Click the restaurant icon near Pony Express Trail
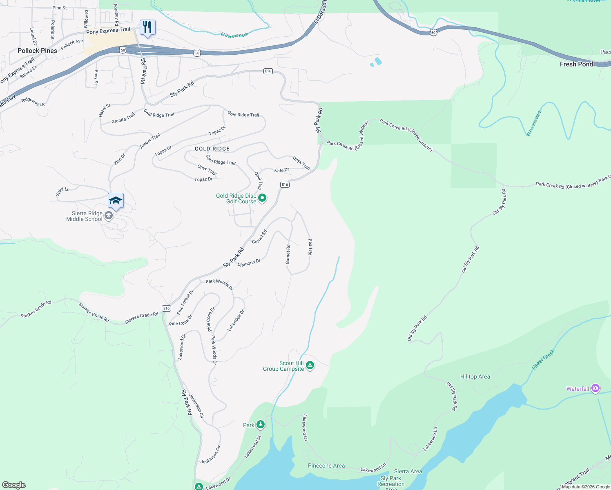(147, 27)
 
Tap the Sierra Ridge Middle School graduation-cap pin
(116, 200)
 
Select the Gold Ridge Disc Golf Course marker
(262, 198)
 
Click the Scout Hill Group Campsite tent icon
(310, 365)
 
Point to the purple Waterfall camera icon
(595, 388)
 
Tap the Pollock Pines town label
(37, 51)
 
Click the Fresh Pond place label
(576, 64)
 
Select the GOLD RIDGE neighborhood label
(212, 149)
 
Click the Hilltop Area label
(475, 376)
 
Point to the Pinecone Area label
(326, 465)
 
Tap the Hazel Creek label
(544, 359)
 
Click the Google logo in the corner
(14, 485)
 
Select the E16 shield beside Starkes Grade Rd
(166, 308)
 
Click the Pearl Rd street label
(310, 247)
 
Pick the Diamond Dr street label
(249, 263)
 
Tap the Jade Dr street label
(281, 170)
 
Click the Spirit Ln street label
(62, 191)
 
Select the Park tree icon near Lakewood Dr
(260, 425)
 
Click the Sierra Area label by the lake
(408, 471)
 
